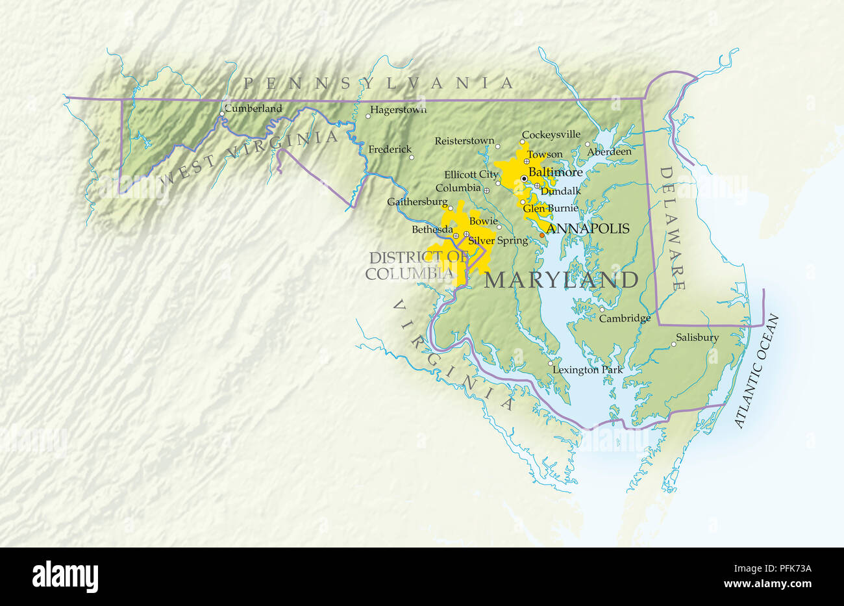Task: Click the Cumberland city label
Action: pos(253,108)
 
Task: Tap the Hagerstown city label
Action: pos(399,110)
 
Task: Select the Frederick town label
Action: pos(390,149)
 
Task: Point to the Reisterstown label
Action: pos(464,140)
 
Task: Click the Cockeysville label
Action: pos(551,134)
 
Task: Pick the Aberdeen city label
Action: pos(609,151)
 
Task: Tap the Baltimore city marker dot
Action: pos(524,178)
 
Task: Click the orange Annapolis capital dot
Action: pos(542,235)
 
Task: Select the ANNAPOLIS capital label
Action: pos(588,228)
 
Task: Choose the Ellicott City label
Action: pos(471,174)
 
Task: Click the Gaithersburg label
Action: pos(417,201)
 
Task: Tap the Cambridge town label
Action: pos(624,318)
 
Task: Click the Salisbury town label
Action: pos(697,337)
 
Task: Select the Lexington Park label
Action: pos(587,370)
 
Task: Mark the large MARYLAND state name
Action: pos(562,280)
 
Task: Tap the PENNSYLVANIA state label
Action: pos(379,82)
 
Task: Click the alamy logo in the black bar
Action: pos(65,575)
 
